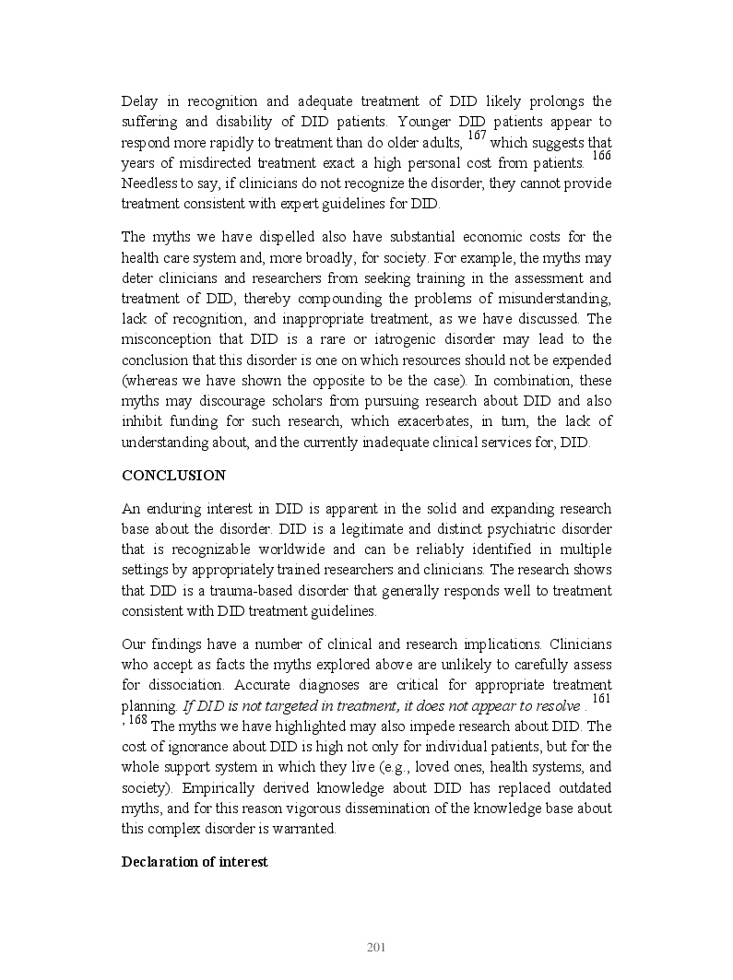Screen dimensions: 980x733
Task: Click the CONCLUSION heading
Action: click(173, 476)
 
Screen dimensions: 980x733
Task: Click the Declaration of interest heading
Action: click(195, 862)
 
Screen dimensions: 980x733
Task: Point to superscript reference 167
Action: click(477, 136)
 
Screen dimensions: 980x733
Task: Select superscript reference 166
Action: click(601, 156)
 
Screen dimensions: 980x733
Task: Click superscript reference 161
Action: click(601, 701)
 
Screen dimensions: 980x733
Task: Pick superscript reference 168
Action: click(137, 720)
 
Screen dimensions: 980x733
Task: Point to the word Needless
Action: click(149, 183)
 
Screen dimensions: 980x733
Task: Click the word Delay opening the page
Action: click(140, 101)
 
